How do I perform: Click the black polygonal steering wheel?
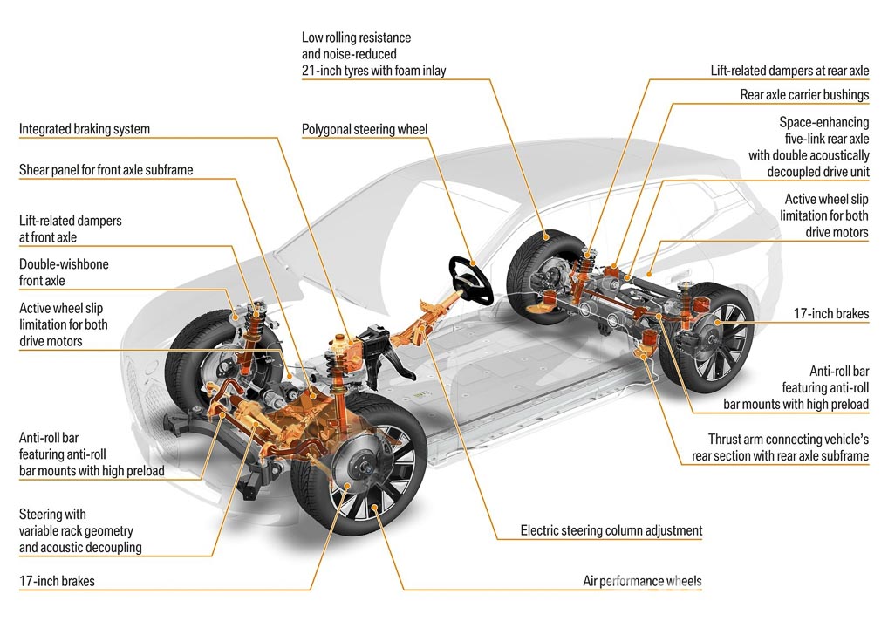pyautogui.click(x=472, y=278)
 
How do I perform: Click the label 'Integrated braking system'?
pyautogui.click(x=85, y=129)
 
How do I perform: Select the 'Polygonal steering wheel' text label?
pyautogui.click(x=365, y=130)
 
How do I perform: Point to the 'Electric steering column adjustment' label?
pyautogui.click(x=611, y=530)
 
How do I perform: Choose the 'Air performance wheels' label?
pyautogui.click(x=642, y=581)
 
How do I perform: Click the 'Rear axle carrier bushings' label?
pyautogui.click(x=792, y=94)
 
